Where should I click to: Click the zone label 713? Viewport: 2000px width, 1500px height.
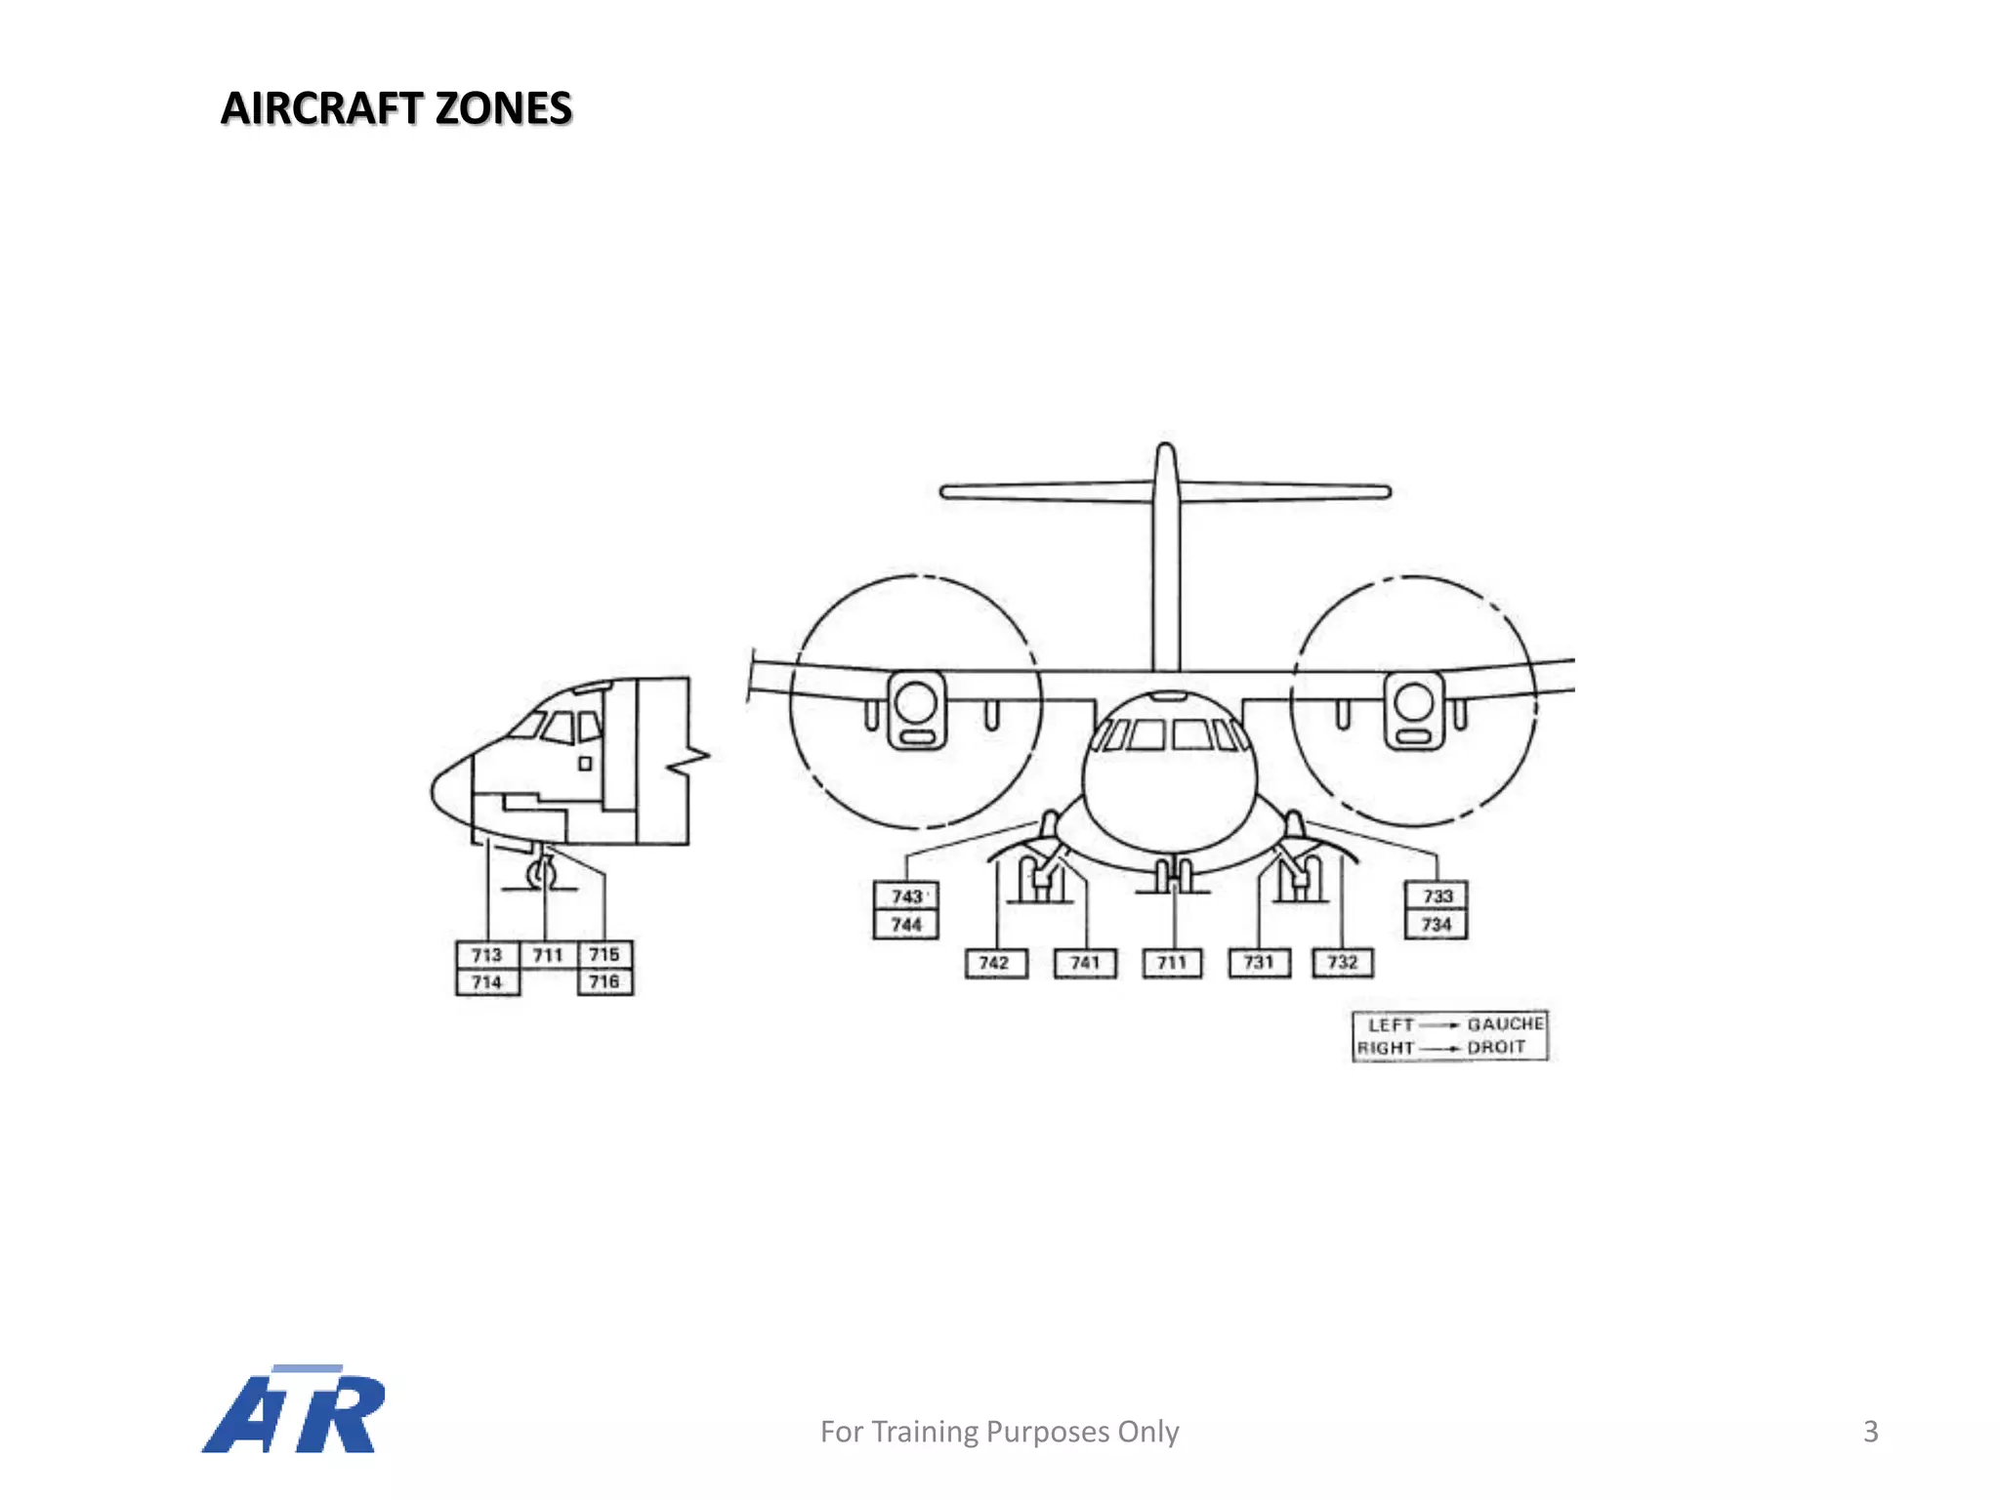pyautogui.click(x=486, y=954)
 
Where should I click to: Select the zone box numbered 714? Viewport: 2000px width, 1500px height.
pyautogui.click(x=486, y=981)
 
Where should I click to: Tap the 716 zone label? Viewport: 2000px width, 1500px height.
pyautogui.click(x=604, y=981)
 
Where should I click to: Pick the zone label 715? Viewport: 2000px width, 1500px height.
pyautogui.click(x=604, y=954)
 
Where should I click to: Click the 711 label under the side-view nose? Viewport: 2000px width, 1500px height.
pyautogui.click(x=548, y=955)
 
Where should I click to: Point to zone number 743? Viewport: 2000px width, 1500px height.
pyautogui.click(x=906, y=896)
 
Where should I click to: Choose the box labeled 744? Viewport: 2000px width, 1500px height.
pyautogui.click(x=906, y=924)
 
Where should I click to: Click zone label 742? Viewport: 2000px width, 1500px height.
pyautogui.click(x=994, y=963)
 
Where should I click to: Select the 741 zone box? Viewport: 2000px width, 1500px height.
pyautogui.click(x=1085, y=963)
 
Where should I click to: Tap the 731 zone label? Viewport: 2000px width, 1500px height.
pyautogui.click(x=1259, y=963)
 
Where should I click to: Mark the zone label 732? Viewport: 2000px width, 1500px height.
pyautogui.click(x=1343, y=963)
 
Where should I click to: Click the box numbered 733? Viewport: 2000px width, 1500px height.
pyautogui.click(x=1437, y=896)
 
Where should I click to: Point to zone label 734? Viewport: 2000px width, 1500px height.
pyautogui.click(x=1437, y=924)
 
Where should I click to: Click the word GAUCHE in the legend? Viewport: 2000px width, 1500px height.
pyautogui.click(x=1505, y=1023)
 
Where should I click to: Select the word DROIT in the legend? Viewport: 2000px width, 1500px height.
pyautogui.click(x=1496, y=1047)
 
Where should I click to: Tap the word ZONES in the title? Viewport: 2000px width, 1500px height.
pyautogui.click(x=503, y=108)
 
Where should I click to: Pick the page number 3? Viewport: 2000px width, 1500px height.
pyautogui.click(x=1870, y=1431)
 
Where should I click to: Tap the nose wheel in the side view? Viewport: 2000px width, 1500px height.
pyautogui.click(x=540, y=873)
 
